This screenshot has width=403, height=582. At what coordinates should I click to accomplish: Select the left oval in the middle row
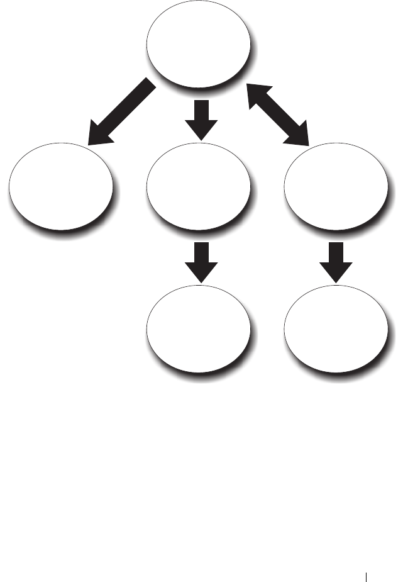60,188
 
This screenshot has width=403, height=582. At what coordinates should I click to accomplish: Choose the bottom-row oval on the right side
334,328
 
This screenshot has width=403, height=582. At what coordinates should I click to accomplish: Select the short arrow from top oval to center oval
202,119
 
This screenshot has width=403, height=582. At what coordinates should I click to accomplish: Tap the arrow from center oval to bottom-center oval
202,261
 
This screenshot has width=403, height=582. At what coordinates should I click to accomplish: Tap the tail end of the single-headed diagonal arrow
149,86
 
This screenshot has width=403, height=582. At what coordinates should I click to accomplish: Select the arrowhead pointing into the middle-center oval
202,129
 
